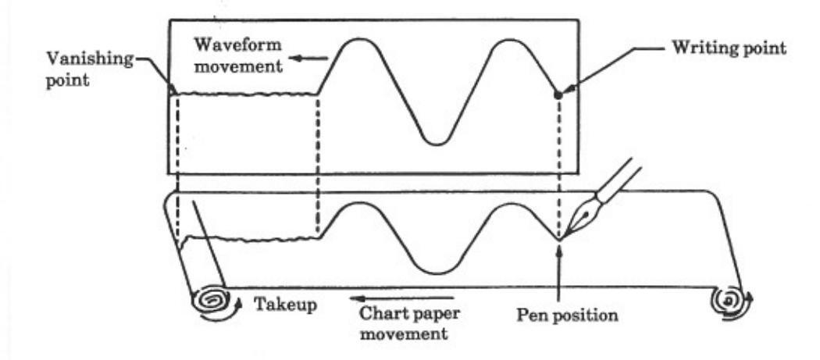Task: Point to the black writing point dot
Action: (558, 94)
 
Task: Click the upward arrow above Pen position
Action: (560, 266)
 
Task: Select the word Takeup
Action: (284, 303)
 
